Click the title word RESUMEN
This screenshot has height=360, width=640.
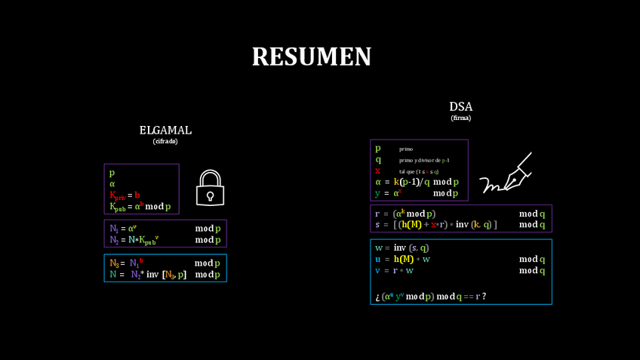click(x=311, y=57)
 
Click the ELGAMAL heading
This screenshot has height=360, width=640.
click(x=165, y=130)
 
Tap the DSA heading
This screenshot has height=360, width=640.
click(x=460, y=107)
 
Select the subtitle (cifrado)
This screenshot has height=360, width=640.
click(x=165, y=141)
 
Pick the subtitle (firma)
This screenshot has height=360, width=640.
click(x=460, y=118)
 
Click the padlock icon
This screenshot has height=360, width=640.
click(x=211, y=187)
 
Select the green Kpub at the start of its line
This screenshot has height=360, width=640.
click(x=117, y=207)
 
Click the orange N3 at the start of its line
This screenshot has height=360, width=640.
click(x=114, y=263)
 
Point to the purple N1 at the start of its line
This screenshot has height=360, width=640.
click(x=114, y=229)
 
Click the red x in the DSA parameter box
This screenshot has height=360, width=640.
click(x=377, y=171)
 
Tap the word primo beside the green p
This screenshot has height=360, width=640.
click(x=406, y=149)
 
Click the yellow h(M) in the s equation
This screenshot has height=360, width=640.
click(x=411, y=225)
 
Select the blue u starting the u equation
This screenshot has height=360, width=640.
click(x=377, y=259)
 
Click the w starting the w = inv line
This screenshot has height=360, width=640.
click(x=378, y=248)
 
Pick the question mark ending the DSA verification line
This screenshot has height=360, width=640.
click(x=484, y=297)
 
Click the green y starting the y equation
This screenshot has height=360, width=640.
click(x=377, y=193)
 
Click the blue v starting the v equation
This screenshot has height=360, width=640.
click(x=377, y=270)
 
